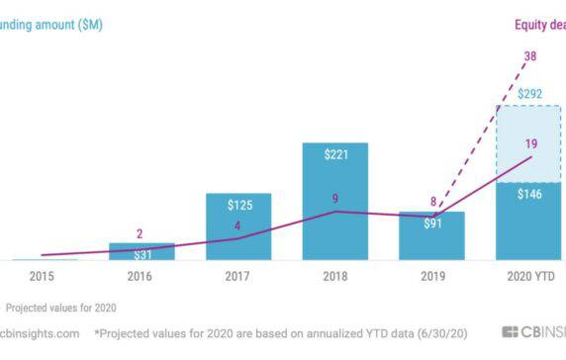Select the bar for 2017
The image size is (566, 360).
(x=238, y=233)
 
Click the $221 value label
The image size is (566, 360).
(x=334, y=155)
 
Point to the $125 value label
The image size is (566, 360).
(x=238, y=205)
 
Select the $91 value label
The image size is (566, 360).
(x=431, y=224)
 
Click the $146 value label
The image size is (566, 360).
(x=527, y=194)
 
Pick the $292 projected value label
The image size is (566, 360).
(x=527, y=95)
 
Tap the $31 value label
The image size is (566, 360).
(x=141, y=254)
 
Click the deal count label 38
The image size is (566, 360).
(x=530, y=56)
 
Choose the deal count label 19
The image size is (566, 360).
(x=530, y=144)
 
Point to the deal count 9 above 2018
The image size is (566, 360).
(x=335, y=198)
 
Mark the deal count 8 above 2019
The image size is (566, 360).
(x=432, y=202)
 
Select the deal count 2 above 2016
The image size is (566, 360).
(x=140, y=234)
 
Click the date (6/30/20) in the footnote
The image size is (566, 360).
(x=435, y=333)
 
